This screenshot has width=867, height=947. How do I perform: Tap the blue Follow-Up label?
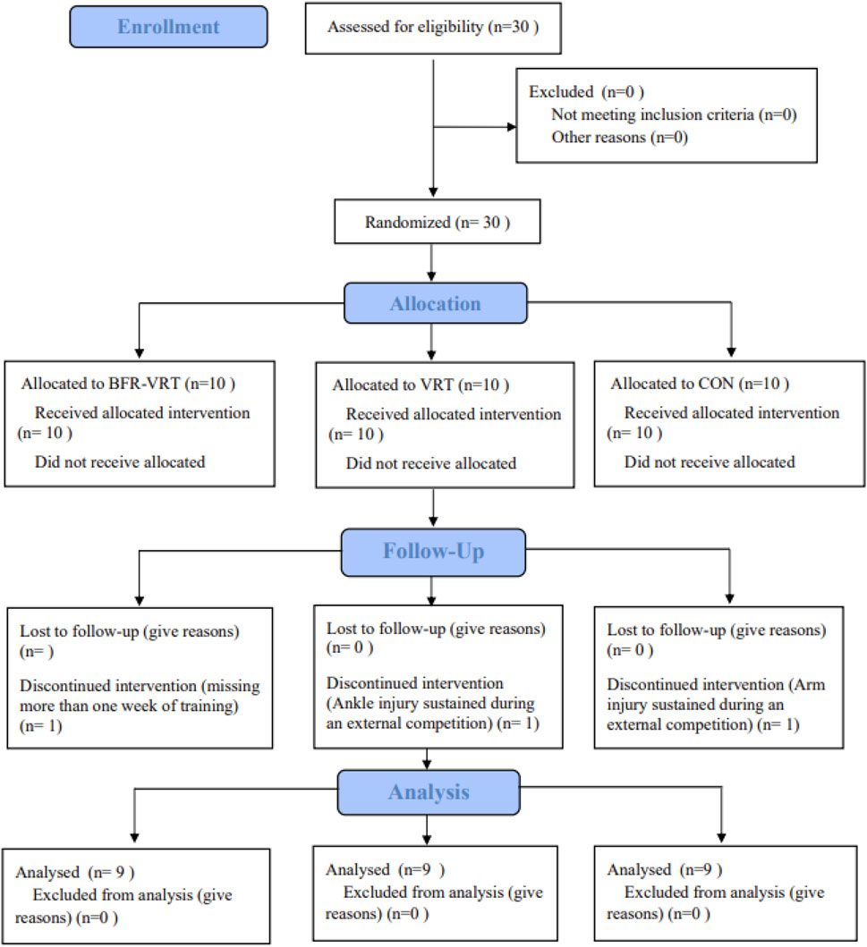click(433, 551)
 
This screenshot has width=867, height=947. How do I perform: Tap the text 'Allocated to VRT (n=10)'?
click(421, 385)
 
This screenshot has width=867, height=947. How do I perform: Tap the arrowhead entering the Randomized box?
click(433, 193)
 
